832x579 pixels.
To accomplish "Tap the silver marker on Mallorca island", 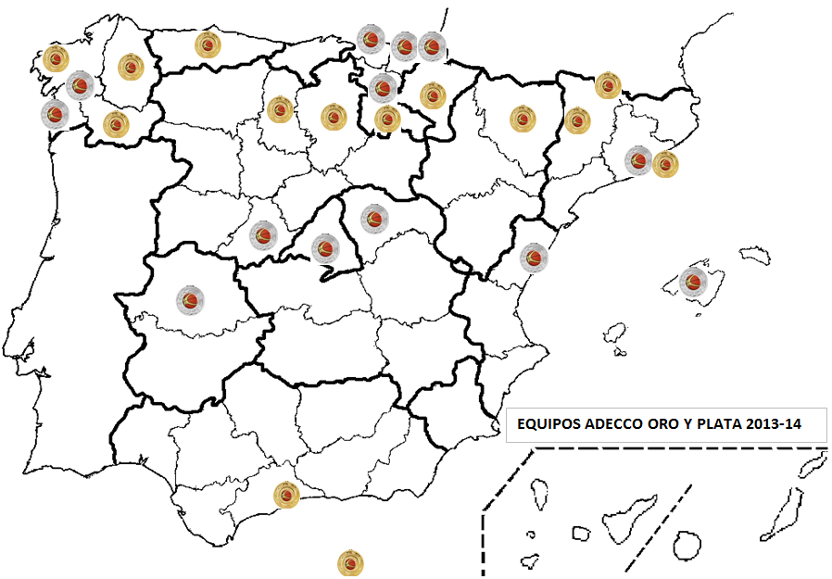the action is (692, 282).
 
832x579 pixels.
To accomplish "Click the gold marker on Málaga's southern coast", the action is (287, 496).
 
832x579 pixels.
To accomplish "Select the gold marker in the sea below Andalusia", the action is (350, 562).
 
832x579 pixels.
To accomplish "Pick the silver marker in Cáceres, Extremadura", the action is (192, 298).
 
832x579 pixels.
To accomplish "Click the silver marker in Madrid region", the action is (325, 247).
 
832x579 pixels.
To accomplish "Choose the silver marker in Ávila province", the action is (264, 234).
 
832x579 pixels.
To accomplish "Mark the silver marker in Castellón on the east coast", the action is (534, 257).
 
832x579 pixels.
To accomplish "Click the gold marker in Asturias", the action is (208, 44).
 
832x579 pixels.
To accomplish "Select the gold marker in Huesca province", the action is (523, 118).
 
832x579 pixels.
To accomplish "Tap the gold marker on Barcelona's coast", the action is (665, 165).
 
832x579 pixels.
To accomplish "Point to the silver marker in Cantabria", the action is (371, 40).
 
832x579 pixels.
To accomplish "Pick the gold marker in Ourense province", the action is (115, 124).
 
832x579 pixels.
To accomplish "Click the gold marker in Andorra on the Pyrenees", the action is (608, 85).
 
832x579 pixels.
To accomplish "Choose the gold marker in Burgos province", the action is (333, 117).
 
